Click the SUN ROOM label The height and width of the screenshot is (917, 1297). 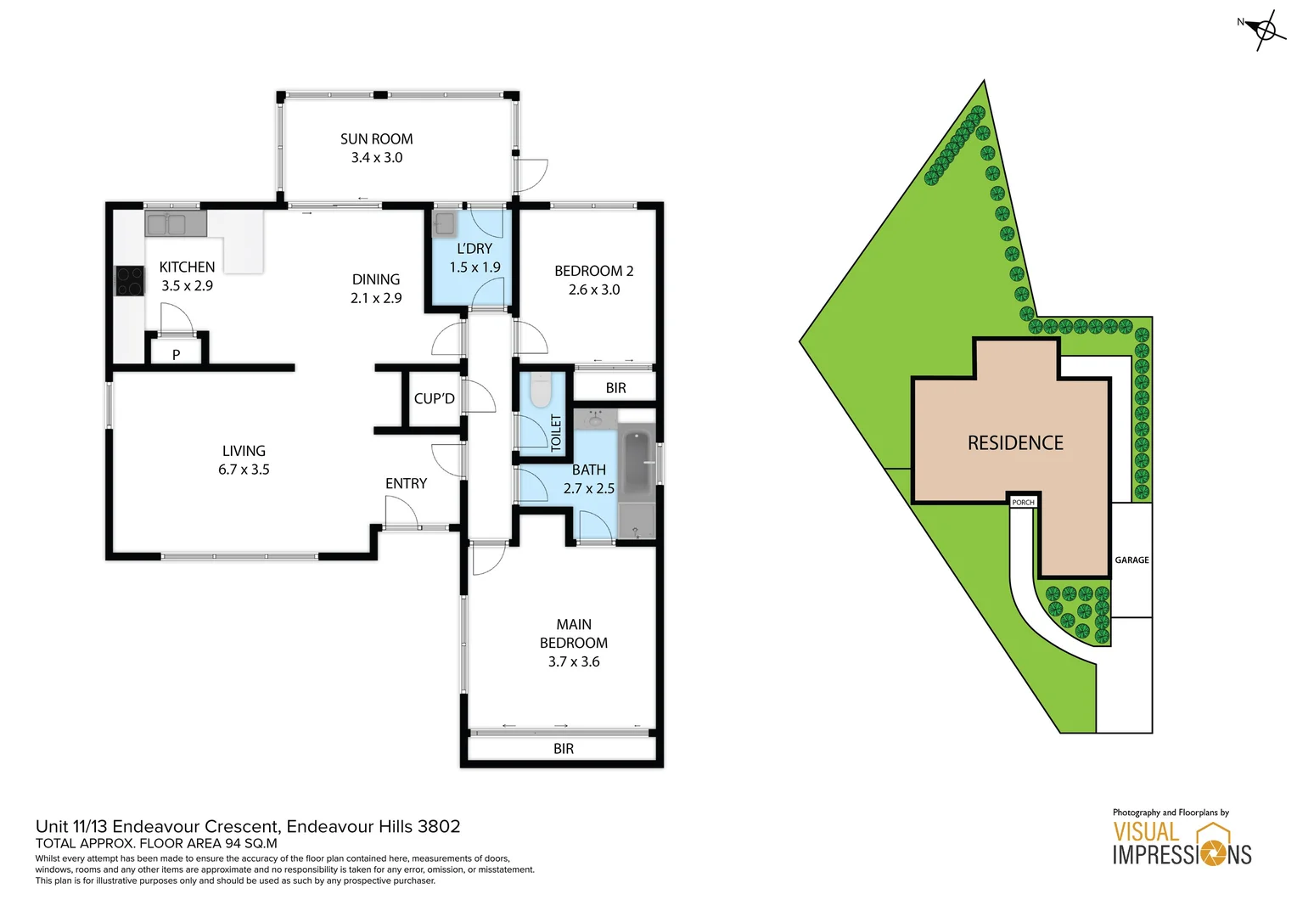click(x=376, y=139)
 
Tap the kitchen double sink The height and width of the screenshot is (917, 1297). click(x=175, y=224)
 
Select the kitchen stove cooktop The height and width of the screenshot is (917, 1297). click(x=130, y=281)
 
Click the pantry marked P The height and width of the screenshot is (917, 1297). click(x=177, y=354)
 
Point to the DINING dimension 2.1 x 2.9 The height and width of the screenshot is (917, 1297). click(x=376, y=298)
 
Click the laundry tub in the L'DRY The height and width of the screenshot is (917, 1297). click(x=444, y=224)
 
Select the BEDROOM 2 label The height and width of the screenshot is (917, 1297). click(x=593, y=271)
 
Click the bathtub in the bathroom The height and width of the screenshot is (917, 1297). click(x=637, y=463)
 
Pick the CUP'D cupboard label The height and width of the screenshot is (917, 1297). click(x=434, y=398)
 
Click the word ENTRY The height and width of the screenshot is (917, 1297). click(x=406, y=483)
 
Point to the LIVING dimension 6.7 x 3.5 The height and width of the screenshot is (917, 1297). click(x=244, y=470)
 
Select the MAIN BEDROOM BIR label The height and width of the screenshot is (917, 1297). click(x=563, y=748)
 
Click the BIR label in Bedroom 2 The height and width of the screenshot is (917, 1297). click(x=615, y=388)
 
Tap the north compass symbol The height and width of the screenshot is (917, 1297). click(x=1265, y=31)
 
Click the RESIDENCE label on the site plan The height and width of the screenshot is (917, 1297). click(x=1015, y=442)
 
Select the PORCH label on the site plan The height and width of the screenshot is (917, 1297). click(x=1023, y=502)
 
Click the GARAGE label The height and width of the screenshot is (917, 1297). click(x=1131, y=560)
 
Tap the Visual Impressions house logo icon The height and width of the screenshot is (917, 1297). click(x=1213, y=841)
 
